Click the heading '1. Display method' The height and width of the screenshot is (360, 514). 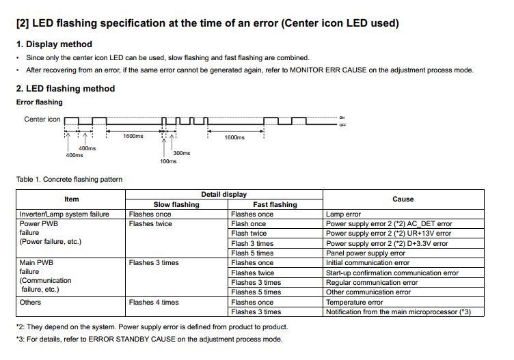(x=54, y=44)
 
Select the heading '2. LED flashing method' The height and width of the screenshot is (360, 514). (x=66, y=88)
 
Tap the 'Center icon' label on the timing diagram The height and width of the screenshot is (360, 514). (x=42, y=120)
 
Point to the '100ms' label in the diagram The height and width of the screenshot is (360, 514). (x=168, y=161)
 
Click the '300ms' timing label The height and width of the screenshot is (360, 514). (x=182, y=153)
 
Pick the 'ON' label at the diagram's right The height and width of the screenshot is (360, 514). (x=342, y=117)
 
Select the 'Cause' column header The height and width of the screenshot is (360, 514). (x=403, y=199)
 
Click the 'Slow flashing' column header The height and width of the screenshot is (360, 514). (x=176, y=204)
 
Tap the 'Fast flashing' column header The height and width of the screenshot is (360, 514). (x=275, y=204)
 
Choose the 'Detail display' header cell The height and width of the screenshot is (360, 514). (x=224, y=195)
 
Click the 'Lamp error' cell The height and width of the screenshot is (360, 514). (x=344, y=214)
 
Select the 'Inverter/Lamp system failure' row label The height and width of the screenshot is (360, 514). (x=64, y=214)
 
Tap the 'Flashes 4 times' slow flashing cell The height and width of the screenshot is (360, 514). (x=154, y=303)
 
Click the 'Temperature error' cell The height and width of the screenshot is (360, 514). (x=354, y=303)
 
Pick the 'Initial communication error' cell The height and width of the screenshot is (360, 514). (x=368, y=263)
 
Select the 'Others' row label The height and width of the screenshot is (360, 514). (x=30, y=303)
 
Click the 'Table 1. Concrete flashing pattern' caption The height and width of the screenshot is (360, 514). (x=69, y=180)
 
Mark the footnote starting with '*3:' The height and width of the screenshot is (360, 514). (x=148, y=339)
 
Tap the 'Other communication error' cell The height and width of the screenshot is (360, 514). (x=368, y=292)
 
